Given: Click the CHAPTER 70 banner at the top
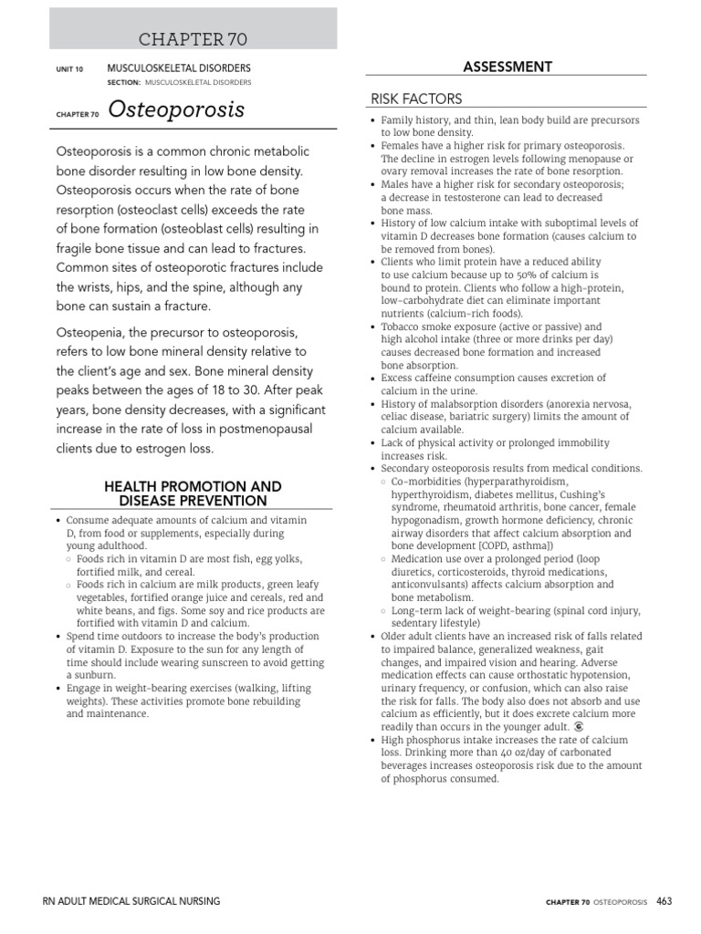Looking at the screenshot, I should coord(192,38).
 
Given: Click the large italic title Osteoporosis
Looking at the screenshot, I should coord(176,110).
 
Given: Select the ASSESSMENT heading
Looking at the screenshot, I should coord(507,67).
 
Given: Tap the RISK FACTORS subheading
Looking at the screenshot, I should coord(415,99).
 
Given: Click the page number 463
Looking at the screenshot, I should coord(664,901).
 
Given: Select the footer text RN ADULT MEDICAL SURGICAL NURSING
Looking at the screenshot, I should coord(131,901).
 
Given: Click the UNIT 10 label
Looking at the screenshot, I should coord(69,68).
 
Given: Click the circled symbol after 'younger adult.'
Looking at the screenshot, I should coord(579,727).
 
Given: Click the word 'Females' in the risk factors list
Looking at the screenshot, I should coord(401,146).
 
